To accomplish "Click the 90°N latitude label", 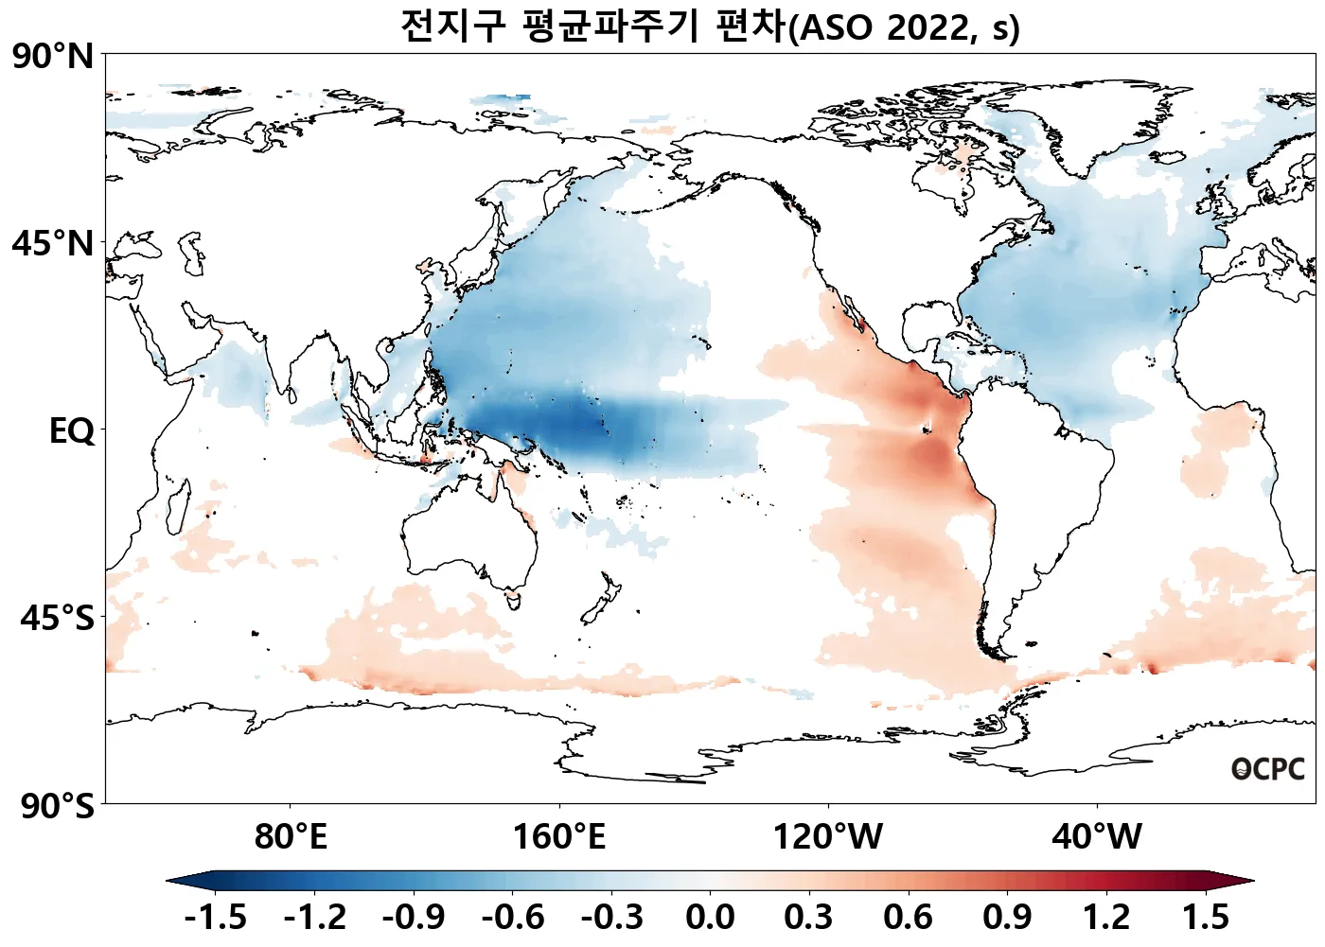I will coord(53,57).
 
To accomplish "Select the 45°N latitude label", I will coord(53,243).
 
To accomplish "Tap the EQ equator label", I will coord(72,431).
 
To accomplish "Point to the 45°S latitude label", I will coord(57,619).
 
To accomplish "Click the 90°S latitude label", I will coord(57,806).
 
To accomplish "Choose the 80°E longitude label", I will coord(291,837).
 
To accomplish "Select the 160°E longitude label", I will coord(558,837).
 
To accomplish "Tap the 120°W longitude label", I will coord(828,837).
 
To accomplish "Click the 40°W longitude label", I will coord(1097,837).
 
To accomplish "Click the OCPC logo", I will coord(1267,769).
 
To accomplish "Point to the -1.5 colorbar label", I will coord(216,917).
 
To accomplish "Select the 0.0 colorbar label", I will coord(710,917).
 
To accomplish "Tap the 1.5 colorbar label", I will coord(1206,917).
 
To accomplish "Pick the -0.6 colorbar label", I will coord(513,917).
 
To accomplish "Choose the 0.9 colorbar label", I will coord(1007,917).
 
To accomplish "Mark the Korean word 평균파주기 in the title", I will coord(611,26).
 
